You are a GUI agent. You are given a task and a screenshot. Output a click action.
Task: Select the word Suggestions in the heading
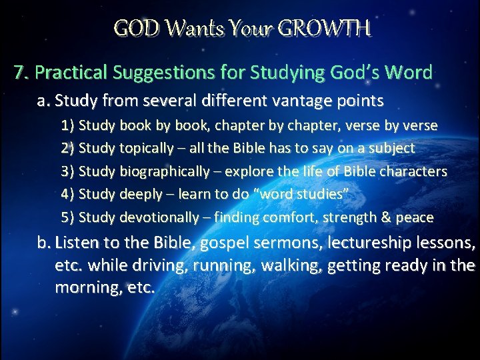[x=160, y=72]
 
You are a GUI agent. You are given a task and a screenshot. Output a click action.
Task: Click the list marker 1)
[x=68, y=125]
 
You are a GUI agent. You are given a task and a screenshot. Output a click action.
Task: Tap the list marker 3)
[x=68, y=171]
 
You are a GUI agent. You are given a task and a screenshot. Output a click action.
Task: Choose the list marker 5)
[x=68, y=217]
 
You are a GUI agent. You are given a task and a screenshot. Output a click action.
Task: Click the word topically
[x=148, y=148]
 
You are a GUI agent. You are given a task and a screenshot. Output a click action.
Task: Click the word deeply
[x=141, y=194]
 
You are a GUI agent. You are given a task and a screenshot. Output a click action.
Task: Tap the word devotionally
[x=159, y=217]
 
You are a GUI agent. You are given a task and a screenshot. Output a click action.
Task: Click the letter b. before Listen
[x=45, y=243]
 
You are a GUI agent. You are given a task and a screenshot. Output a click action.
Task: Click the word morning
[x=87, y=289]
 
